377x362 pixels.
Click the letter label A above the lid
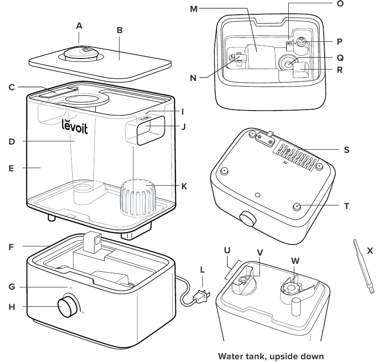coord(79,26)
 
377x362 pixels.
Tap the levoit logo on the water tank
coord(74,126)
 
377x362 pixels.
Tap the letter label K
coord(184,187)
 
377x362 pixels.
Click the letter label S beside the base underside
coord(347,150)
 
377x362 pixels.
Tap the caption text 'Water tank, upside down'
coord(271,356)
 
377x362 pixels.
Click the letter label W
coord(295,261)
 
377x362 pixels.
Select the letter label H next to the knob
coord(11,307)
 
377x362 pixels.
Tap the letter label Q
coord(340,58)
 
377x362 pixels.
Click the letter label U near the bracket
coord(227,251)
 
